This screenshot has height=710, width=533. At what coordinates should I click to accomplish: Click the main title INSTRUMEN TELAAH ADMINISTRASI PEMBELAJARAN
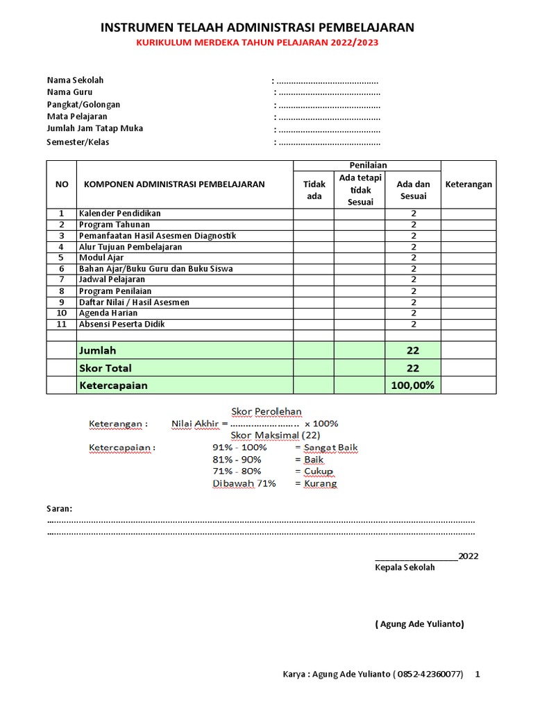[x=257, y=28]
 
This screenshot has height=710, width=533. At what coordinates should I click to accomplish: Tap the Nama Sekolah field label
[x=75, y=80]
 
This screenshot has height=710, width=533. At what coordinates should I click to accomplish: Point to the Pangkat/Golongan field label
[x=83, y=105]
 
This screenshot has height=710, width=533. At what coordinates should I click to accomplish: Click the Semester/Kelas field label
[x=78, y=142]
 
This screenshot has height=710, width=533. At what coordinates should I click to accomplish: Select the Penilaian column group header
[x=367, y=165]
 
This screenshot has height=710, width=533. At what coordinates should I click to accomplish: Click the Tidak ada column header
[x=314, y=190]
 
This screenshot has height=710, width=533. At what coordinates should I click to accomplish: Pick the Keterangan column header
[x=468, y=184]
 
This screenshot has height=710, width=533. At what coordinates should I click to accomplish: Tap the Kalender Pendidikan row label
[x=119, y=214]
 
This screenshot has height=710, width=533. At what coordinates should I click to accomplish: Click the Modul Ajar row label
[x=101, y=258]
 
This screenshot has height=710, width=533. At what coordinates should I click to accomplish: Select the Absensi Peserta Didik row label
[x=121, y=324]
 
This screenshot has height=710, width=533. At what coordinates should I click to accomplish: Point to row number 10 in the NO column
[x=61, y=313]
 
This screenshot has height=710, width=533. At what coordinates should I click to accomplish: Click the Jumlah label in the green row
[x=98, y=350]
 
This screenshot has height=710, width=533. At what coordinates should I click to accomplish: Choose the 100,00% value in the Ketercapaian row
[x=413, y=386]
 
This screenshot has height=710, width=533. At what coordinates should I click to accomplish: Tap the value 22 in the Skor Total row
[x=413, y=368]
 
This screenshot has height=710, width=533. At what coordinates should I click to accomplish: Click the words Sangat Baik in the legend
[x=331, y=448]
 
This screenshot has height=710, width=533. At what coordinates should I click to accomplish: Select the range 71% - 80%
[x=237, y=471]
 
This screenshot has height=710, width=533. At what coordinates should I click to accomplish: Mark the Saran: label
[x=59, y=509]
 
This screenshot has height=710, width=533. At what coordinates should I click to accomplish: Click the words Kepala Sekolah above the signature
[x=405, y=567]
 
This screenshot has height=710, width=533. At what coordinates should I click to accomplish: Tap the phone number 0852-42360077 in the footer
[x=429, y=674]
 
